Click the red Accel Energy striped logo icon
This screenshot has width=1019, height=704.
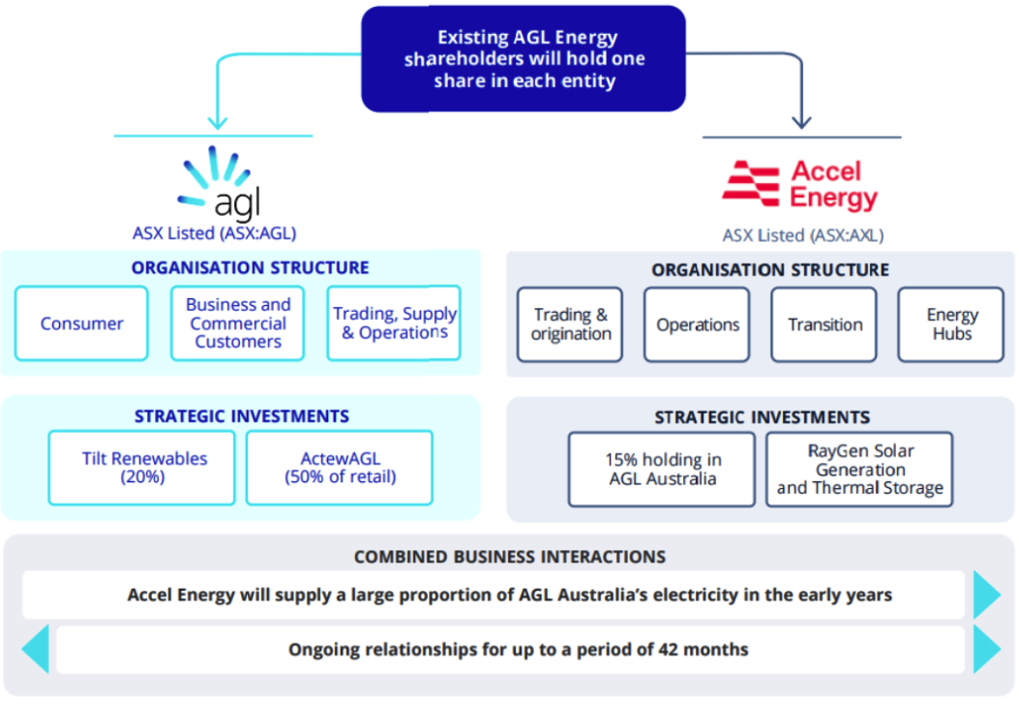(751, 184)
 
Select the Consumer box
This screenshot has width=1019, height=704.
(81, 323)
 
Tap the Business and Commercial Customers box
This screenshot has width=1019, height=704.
(238, 323)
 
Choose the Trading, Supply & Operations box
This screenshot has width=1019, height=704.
(394, 323)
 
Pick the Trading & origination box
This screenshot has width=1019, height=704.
(570, 324)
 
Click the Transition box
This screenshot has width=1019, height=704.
(824, 324)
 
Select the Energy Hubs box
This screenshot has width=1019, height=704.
(951, 324)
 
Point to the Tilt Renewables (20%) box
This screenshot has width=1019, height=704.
(141, 468)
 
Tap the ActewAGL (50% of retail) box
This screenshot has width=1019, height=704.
(340, 468)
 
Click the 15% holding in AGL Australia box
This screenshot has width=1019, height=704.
(662, 470)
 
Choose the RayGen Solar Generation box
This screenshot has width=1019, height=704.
(859, 470)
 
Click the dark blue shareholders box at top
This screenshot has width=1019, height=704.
(524, 58)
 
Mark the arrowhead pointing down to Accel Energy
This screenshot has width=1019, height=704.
(802, 122)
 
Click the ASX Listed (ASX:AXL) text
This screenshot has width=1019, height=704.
(803, 235)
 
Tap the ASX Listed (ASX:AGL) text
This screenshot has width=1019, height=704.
(215, 233)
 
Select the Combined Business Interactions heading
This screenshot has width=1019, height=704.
(510, 557)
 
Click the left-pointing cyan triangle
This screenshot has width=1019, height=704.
(36, 650)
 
